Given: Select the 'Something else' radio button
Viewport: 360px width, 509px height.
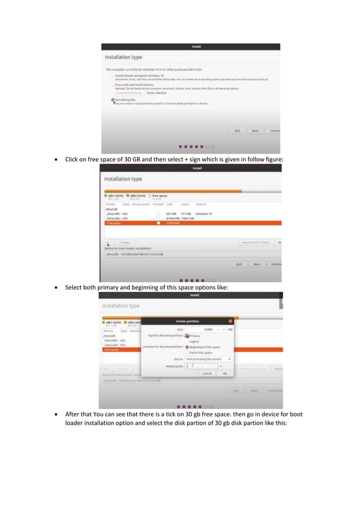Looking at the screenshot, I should tap(113, 100).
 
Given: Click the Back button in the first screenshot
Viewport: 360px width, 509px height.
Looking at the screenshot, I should tap(255, 130).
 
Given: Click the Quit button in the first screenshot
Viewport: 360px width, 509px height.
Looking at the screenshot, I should tap(238, 130).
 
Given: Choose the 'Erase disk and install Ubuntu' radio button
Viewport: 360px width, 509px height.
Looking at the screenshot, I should tap(113, 85).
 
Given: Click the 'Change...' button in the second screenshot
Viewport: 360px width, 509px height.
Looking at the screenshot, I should tap(125, 242).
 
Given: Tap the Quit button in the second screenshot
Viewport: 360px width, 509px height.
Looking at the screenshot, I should tap(239, 264).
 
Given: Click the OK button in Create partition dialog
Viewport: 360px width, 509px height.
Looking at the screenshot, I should tap(225, 373).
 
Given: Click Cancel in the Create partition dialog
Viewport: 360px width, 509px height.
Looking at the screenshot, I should tap(207, 373).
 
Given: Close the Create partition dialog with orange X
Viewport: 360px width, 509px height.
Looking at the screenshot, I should tap(230, 321).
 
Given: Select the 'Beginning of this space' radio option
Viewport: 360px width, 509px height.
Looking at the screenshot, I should tap(187, 347).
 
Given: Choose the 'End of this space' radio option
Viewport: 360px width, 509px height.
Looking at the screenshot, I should tap(187, 353).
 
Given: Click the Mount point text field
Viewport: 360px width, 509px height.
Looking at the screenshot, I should tap(201, 366).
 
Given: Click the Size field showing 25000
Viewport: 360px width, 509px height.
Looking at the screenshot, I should tap(201, 329).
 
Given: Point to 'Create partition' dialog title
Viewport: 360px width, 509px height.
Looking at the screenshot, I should tap(187, 321).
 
